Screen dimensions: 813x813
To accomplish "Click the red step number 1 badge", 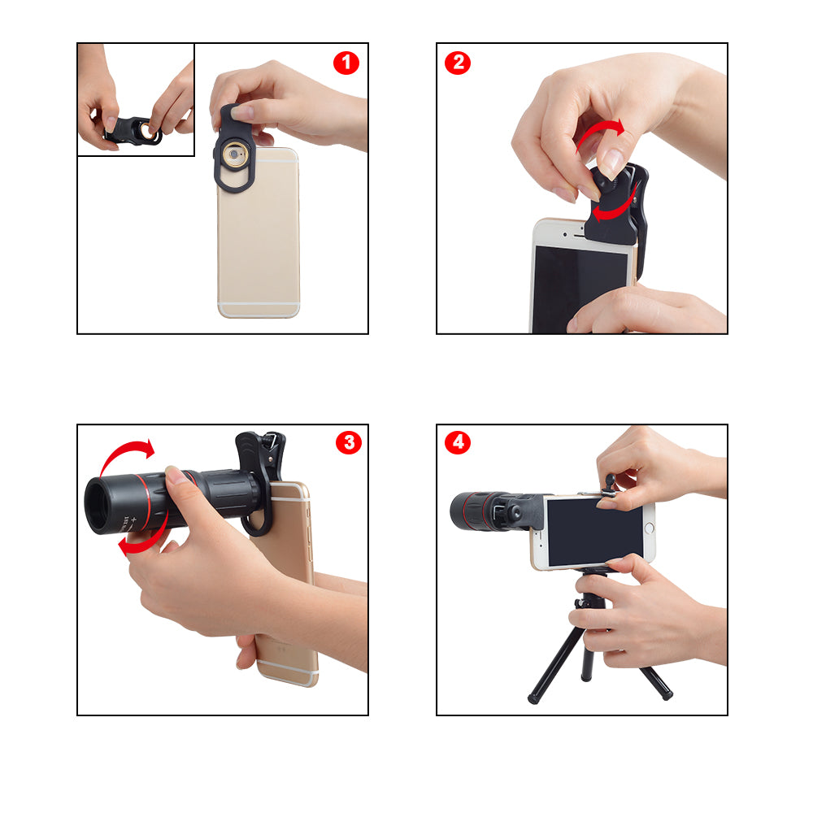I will [x=346, y=63].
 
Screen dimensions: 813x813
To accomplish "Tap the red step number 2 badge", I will [x=457, y=63].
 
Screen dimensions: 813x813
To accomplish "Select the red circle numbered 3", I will [x=348, y=442].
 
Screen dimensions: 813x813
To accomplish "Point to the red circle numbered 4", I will [x=457, y=442].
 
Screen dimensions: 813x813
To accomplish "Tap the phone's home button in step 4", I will [x=648, y=529].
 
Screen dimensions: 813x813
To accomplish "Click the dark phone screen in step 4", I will [x=593, y=532].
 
